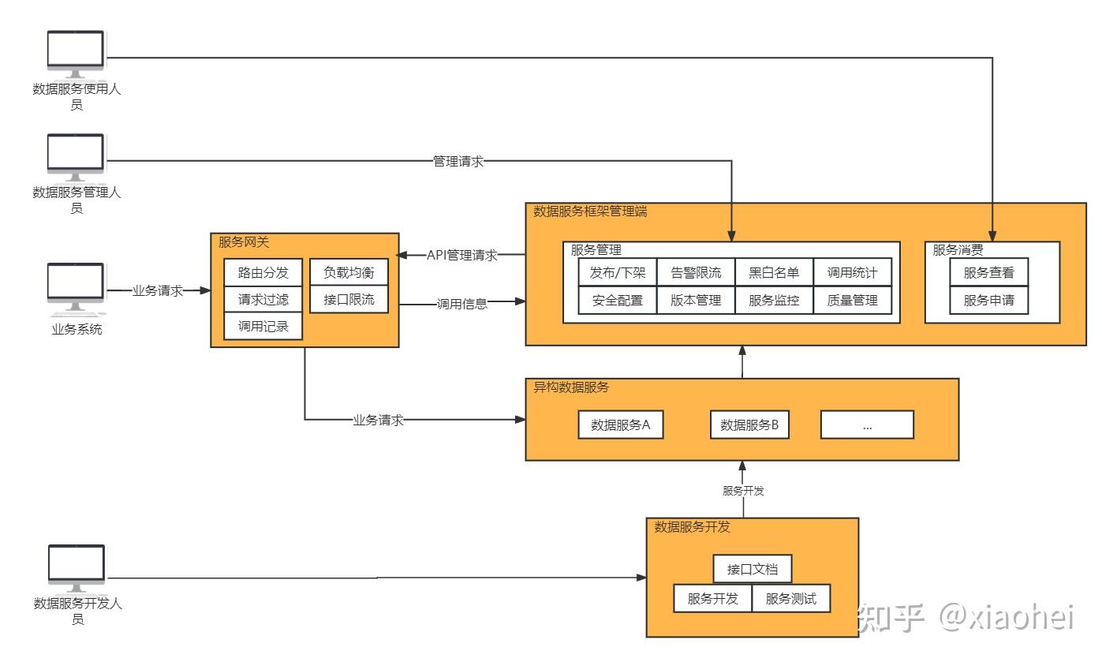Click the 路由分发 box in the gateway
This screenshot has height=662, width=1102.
click(263, 274)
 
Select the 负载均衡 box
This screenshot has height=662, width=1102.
click(349, 273)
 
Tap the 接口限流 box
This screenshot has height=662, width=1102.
click(349, 300)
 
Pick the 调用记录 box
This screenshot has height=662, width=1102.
click(263, 327)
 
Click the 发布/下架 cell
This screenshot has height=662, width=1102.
click(617, 274)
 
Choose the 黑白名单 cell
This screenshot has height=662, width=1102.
click(774, 274)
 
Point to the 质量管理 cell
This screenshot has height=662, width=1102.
click(852, 300)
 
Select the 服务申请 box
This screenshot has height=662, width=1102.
click(988, 300)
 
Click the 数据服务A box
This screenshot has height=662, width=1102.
click(620, 425)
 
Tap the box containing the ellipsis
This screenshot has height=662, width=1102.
click(867, 425)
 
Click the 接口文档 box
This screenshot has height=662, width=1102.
click(752, 569)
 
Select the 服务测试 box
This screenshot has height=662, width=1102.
click(791, 598)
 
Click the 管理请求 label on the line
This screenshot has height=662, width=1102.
click(458, 161)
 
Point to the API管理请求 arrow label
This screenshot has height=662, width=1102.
click(461, 255)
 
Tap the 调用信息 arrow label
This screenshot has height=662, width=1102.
click(462, 304)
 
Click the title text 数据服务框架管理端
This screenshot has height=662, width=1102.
click(591, 211)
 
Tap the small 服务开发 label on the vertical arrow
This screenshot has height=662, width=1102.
click(743, 491)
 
